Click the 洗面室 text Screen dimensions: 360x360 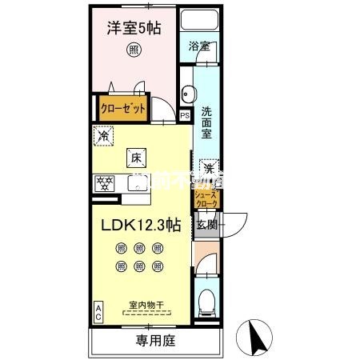[x=206, y=124]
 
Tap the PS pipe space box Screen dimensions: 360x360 [x=185, y=114]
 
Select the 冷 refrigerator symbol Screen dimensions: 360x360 [x=102, y=137]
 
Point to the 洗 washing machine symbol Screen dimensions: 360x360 [x=207, y=169]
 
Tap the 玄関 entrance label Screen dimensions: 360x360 [x=206, y=225]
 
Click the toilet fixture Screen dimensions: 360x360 [x=206, y=299]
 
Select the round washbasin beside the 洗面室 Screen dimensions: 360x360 [x=186, y=90]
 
